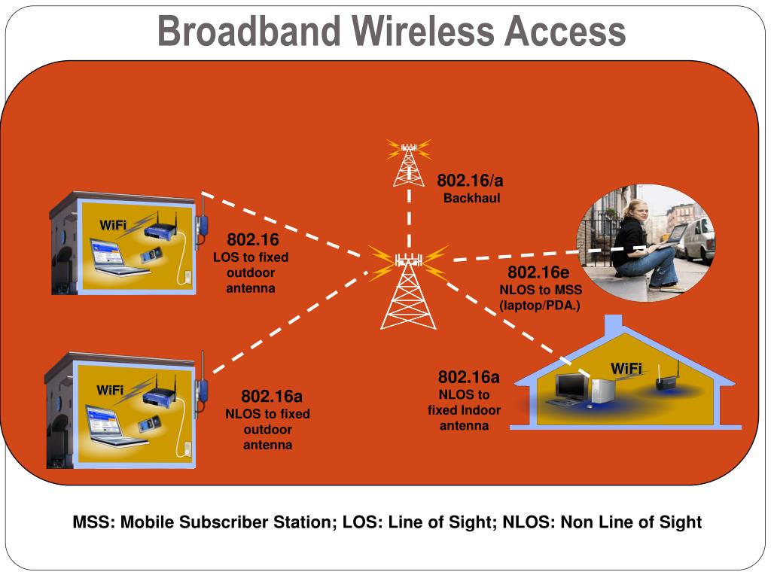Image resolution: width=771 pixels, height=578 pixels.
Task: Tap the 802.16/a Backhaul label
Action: [471, 189]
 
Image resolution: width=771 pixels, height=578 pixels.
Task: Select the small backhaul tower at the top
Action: [407, 162]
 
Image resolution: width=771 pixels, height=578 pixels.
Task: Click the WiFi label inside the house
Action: [626, 368]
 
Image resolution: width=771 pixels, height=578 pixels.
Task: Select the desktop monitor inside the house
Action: [571, 388]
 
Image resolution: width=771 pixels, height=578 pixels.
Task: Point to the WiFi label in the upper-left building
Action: [113, 225]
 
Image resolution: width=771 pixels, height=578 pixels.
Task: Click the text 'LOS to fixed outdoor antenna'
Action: [251, 272]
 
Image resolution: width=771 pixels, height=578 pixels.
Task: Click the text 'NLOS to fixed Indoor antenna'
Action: [464, 410]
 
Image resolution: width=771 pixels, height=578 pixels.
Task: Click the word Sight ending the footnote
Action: [678, 522]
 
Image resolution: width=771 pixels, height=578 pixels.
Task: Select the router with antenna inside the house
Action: [666, 380]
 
